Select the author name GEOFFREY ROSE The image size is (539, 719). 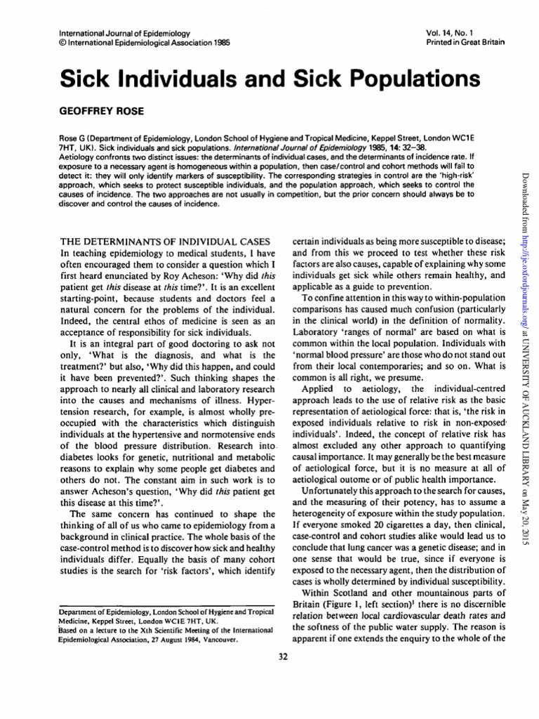[81, 112]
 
